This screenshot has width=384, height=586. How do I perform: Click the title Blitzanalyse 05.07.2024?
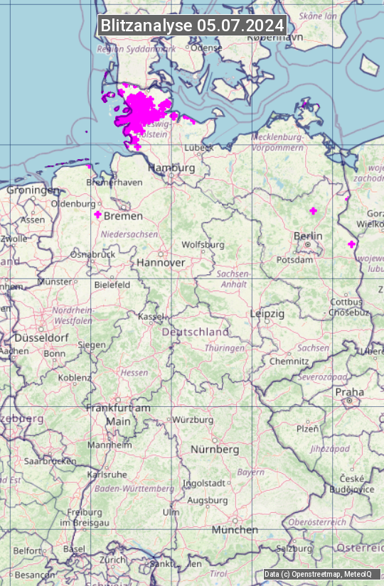(192, 25)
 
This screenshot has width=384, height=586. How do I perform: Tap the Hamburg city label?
(171, 168)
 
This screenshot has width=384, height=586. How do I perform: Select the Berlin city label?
(308, 236)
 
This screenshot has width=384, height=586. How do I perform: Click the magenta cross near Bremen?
(98, 214)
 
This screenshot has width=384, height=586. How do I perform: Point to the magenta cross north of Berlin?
(313, 210)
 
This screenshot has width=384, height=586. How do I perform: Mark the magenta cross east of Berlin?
(351, 244)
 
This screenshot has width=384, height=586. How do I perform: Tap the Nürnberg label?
(215, 450)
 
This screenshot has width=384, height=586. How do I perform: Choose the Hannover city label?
(161, 262)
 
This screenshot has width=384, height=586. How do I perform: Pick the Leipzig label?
(267, 313)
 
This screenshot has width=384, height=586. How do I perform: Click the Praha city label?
(349, 391)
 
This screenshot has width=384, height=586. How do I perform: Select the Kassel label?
(151, 315)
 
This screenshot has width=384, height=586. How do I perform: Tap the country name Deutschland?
(196, 332)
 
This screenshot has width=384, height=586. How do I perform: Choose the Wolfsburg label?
(203, 244)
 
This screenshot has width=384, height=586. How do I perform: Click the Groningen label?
(33, 190)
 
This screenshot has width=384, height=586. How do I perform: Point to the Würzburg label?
(193, 420)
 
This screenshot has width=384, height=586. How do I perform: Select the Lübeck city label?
(198, 148)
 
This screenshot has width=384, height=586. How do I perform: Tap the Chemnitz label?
(289, 361)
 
